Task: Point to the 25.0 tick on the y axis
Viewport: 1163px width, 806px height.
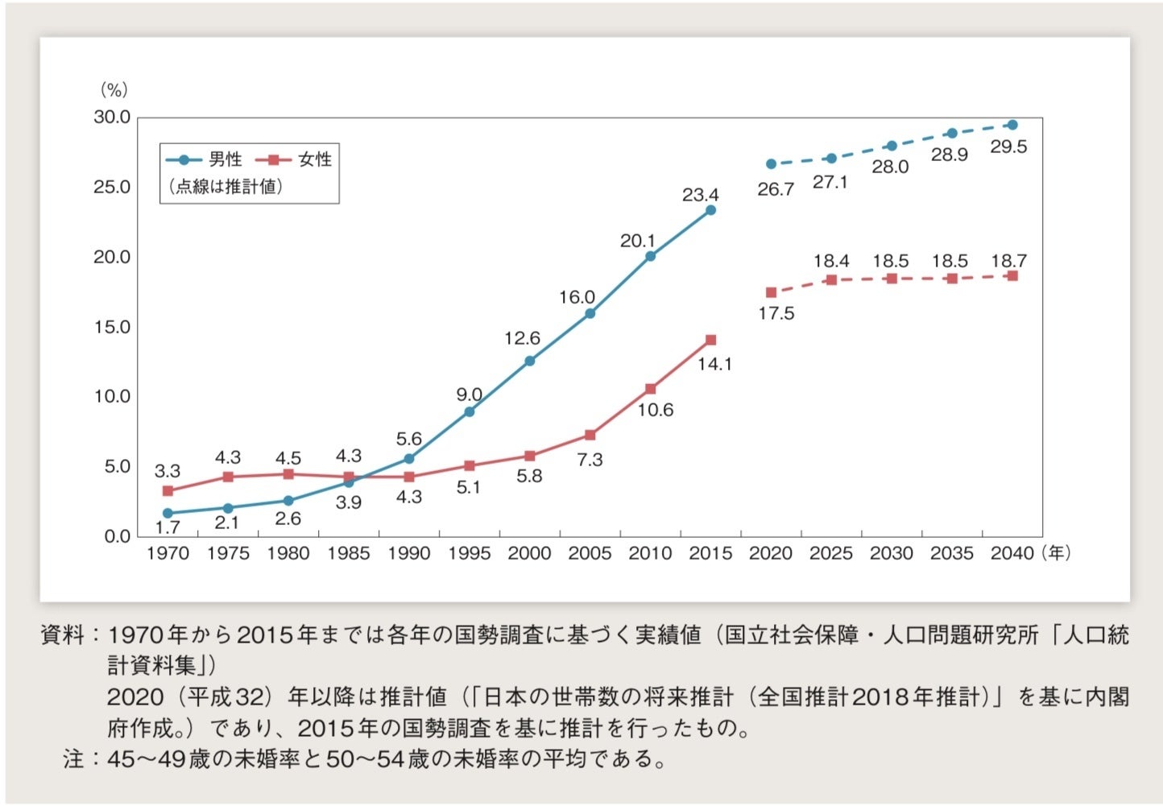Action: [112, 187]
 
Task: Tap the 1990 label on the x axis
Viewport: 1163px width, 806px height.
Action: [409, 553]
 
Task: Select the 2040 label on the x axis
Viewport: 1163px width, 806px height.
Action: [1012, 553]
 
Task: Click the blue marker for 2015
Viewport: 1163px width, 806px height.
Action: [710, 210]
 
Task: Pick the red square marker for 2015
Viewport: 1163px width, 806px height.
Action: [710, 340]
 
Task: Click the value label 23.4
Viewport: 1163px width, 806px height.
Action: [700, 195]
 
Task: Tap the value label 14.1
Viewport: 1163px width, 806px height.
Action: [714, 364]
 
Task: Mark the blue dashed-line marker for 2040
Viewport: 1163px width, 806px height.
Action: [1012, 125]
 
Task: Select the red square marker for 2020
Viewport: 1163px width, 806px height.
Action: [771, 292]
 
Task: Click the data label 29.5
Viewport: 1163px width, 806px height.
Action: [1008, 147]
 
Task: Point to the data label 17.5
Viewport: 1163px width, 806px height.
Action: [776, 313]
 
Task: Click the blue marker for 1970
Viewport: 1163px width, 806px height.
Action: [168, 513]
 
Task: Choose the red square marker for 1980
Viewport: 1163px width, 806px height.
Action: [288, 473]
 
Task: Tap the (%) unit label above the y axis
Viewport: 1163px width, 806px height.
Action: [114, 89]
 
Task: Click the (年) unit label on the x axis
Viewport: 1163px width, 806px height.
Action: [1055, 553]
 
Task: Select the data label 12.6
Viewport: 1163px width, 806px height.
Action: [522, 338]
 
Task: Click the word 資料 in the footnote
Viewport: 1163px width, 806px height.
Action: [62, 635]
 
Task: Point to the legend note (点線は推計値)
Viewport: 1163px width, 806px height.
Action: [226, 187]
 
